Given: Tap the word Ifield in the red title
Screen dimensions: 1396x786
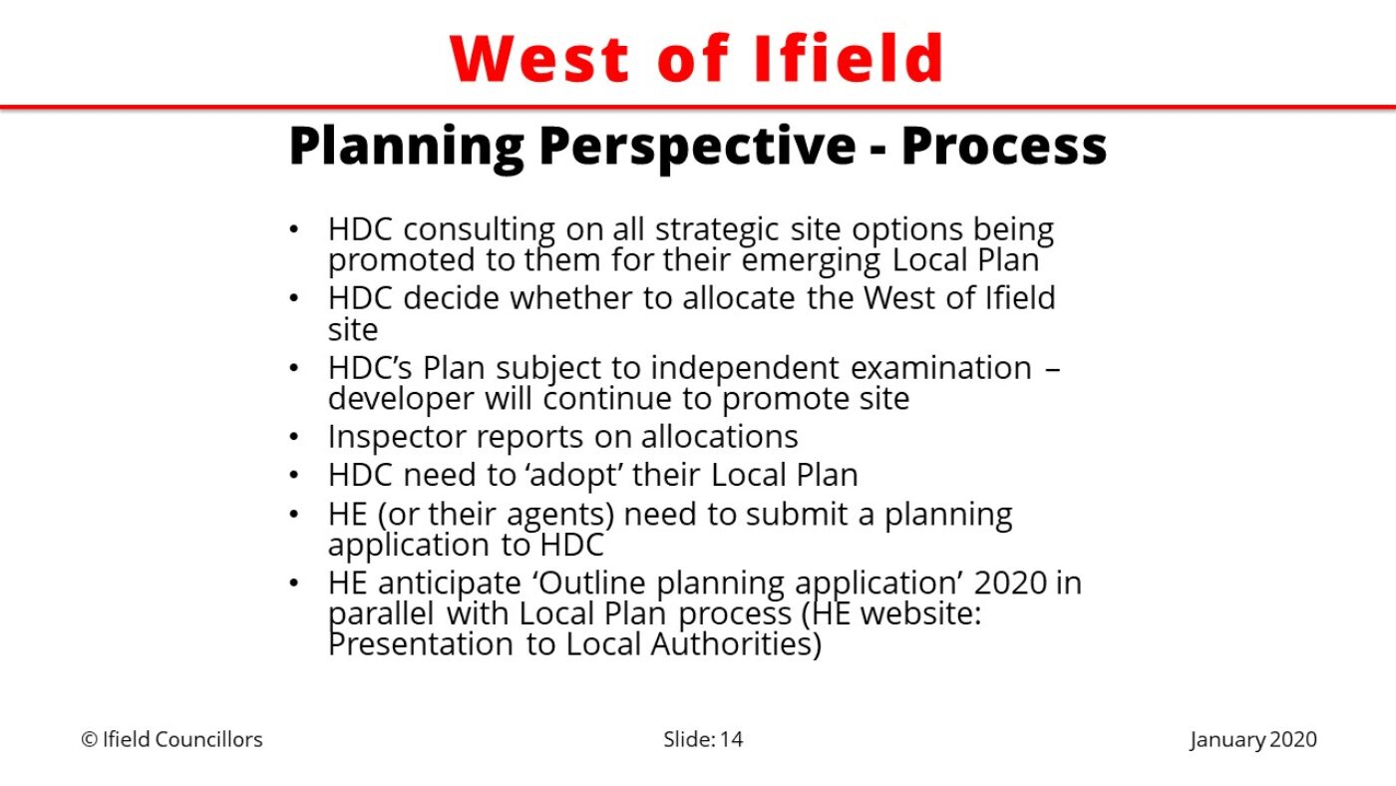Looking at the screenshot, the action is click(x=849, y=58).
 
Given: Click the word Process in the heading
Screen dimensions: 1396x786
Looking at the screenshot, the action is click(x=1004, y=146).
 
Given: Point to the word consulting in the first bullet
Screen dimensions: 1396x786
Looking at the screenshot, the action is click(x=479, y=229).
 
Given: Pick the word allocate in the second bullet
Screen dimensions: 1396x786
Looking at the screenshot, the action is click(x=739, y=297).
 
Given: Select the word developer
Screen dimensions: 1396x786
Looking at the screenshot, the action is click(x=401, y=399).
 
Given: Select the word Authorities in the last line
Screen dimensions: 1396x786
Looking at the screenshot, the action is click(x=736, y=644).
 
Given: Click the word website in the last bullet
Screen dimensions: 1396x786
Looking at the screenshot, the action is click(x=919, y=613).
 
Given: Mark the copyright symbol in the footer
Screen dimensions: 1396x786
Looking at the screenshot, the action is click(x=89, y=739).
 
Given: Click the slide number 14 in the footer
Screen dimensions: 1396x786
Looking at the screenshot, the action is click(x=731, y=739).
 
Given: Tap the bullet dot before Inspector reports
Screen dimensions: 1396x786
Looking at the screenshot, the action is click(x=294, y=437).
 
